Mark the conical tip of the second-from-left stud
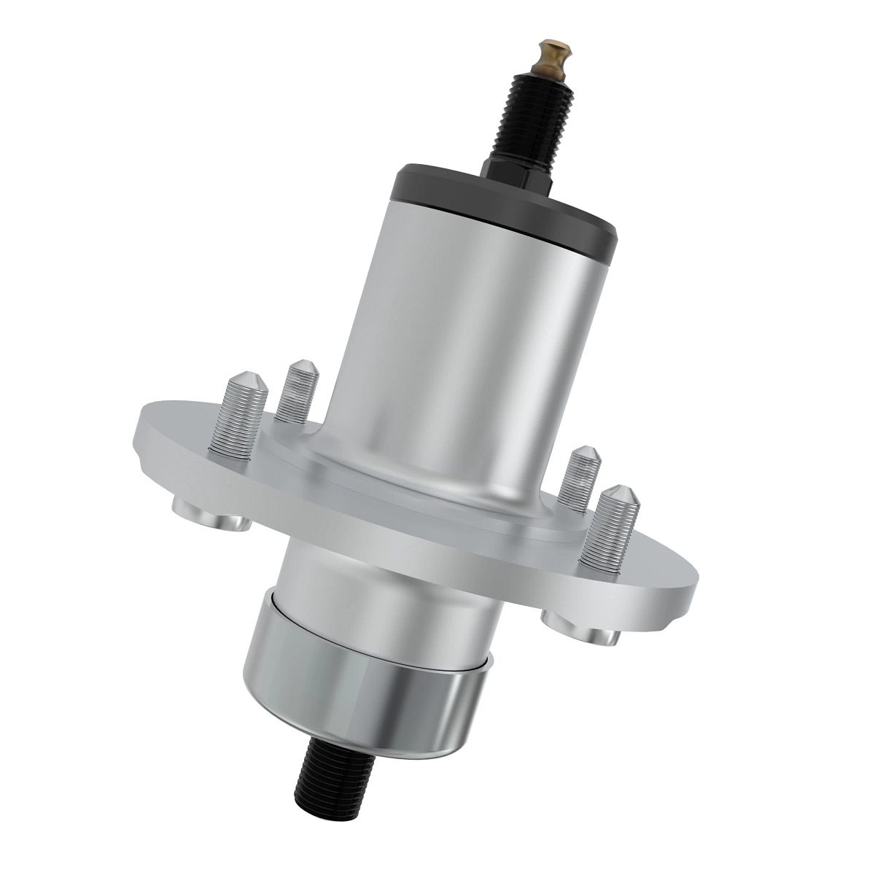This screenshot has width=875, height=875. click(x=300, y=368)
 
